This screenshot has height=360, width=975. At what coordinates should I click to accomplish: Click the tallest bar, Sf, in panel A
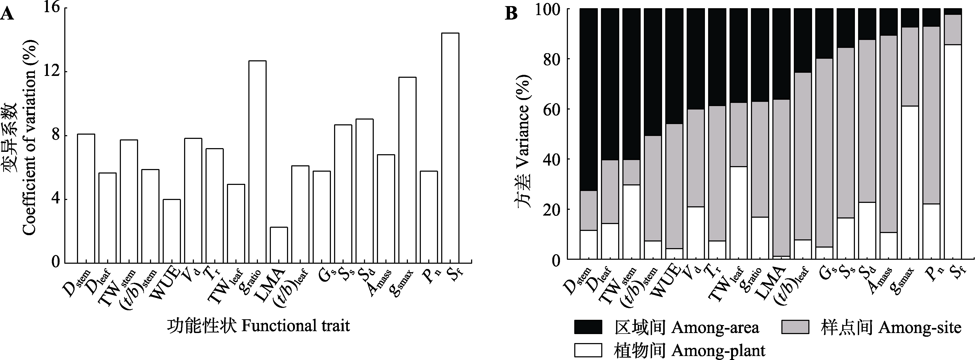[450, 148]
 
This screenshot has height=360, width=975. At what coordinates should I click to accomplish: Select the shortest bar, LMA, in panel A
[279, 245]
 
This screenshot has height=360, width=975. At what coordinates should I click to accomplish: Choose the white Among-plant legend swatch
[588, 350]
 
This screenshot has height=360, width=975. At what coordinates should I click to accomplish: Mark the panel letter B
[511, 15]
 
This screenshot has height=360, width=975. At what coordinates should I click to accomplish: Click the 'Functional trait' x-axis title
[258, 326]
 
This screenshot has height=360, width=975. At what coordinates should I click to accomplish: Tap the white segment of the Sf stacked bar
[953, 151]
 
